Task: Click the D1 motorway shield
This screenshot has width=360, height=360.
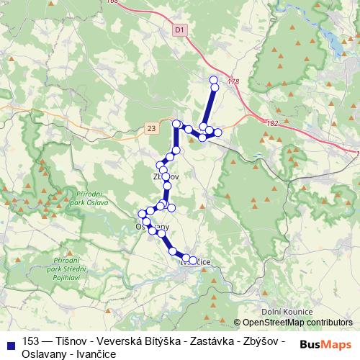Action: [179, 30]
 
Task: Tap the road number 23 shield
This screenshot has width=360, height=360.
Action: [150, 127]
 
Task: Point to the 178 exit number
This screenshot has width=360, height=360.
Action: [232, 83]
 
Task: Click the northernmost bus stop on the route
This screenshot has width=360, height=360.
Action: [213, 80]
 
